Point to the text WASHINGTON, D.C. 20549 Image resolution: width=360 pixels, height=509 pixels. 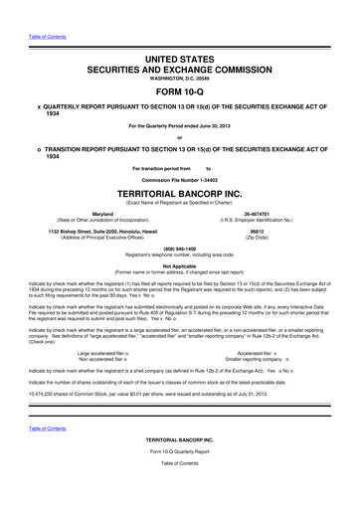tap(180, 68)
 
